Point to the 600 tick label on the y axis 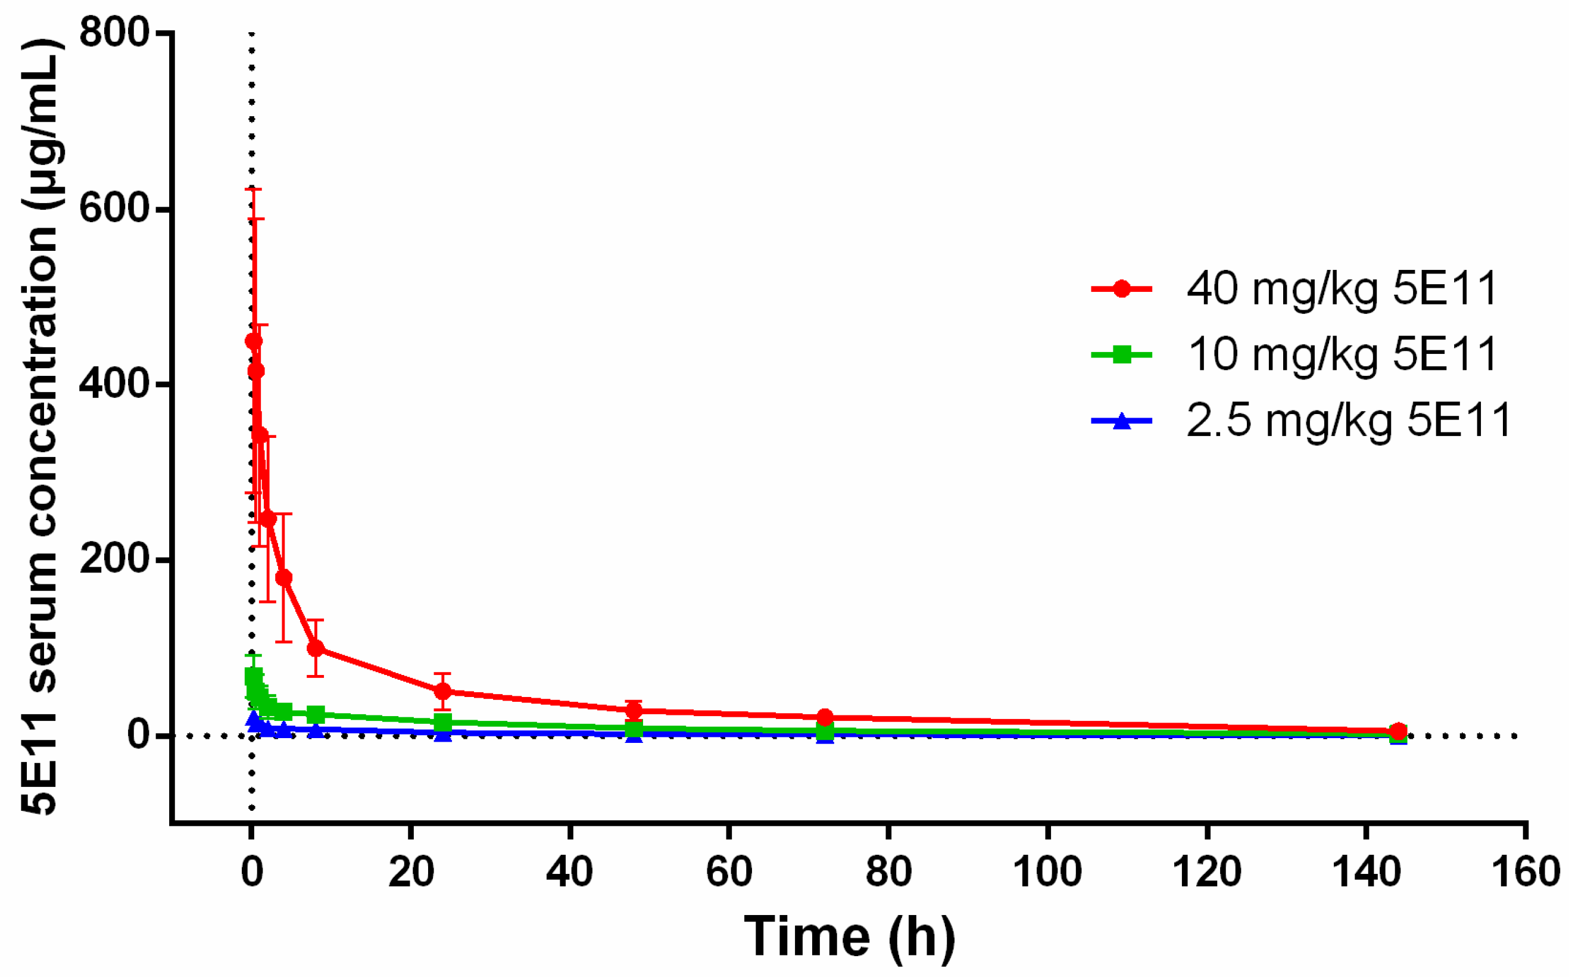click(x=114, y=208)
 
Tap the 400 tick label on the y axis click(x=114, y=383)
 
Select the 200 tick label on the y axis click(x=114, y=559)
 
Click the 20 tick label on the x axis click(x=411, y=872)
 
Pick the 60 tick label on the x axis click(x=729, y=872)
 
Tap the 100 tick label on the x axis click(x=1047, y=872)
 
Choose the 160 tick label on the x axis click(x=1525, y=872)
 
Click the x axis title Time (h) click(x=849, y=936)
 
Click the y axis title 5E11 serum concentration click(x=40, y=427)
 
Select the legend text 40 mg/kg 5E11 click(x=1342, y=288)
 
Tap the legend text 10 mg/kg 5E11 click(x=1342, y=354)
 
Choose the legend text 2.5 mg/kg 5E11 click(x=1348, y=421)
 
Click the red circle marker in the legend click(x=1122, y=289)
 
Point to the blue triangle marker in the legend click(x=1122, y=421)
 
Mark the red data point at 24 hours click(x=442, y=692)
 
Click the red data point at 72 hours click(x=825, y=717)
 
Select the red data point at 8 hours click(x=315, y=648)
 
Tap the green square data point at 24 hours click(x=442, y=723)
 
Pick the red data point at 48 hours click(x=634, y=711)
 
